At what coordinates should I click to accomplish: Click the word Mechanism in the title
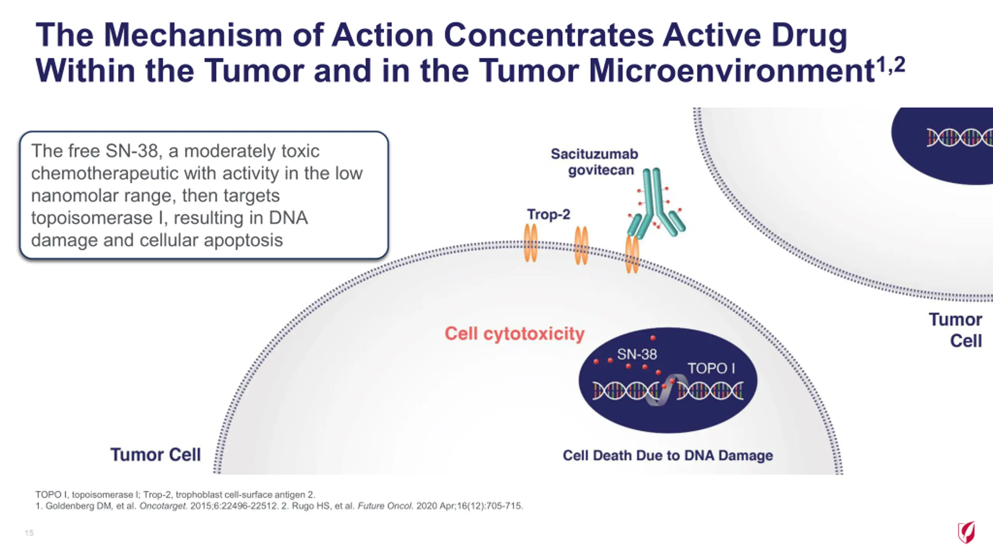click(x=193, y=35)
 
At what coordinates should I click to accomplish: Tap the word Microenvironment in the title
click(x=732, y=71)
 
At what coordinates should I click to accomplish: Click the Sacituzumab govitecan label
click(x=594, y=162)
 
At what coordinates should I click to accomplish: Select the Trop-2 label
click(x=548, y=214)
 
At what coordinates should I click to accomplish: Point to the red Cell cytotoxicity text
click(x=514, y=334)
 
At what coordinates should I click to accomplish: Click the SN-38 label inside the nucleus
click(x=637, y=354)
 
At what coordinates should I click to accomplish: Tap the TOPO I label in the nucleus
click(x=711, y=368)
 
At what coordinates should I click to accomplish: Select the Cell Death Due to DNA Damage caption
click(x=668, y=455)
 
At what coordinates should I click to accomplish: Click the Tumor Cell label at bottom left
click(x=156, y=455)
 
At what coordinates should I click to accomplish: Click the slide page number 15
click(x=29, y=533)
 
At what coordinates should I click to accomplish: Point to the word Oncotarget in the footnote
click(x=163, y=506)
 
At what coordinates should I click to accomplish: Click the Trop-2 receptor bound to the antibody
click(x=632, y=254)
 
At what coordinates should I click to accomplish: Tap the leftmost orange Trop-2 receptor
click(x=531, y=243)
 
